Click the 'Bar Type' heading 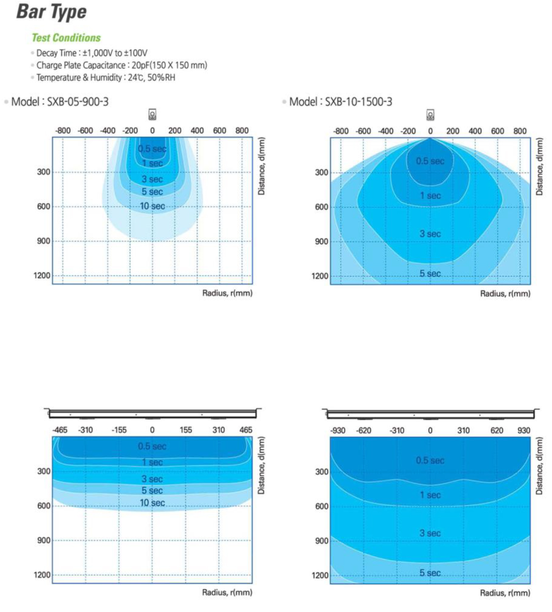click(x=51, y=12)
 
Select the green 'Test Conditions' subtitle click(x=66, y=38)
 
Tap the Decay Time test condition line click(x=92, y=53)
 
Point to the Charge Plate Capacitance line click(x=122, y=65)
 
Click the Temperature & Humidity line click(x=105, y=78)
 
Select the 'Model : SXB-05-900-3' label click(x=60, y=102)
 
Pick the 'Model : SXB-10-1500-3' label click(x=340, y=102)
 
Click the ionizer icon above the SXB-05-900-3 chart click(x=152, y=115)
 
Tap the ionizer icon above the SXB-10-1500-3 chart click(x=430, y=115)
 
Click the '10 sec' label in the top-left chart click(x=152, y=206)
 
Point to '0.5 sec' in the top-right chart click(x=430, y=161)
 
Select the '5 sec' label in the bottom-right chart click(x=430, y=573)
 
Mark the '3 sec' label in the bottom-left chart click(x=152, y=479)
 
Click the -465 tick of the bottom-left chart click(x=60, y=430)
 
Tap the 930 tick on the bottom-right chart click(x=523, y=431)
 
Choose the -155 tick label click(x=119, y=430)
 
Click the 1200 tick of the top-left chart click(x=42, y=276)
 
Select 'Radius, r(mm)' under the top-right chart click(x=505, y=294)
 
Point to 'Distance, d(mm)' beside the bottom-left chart click(x=262, y=466)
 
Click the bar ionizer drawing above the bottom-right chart click(x=430, y=414)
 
